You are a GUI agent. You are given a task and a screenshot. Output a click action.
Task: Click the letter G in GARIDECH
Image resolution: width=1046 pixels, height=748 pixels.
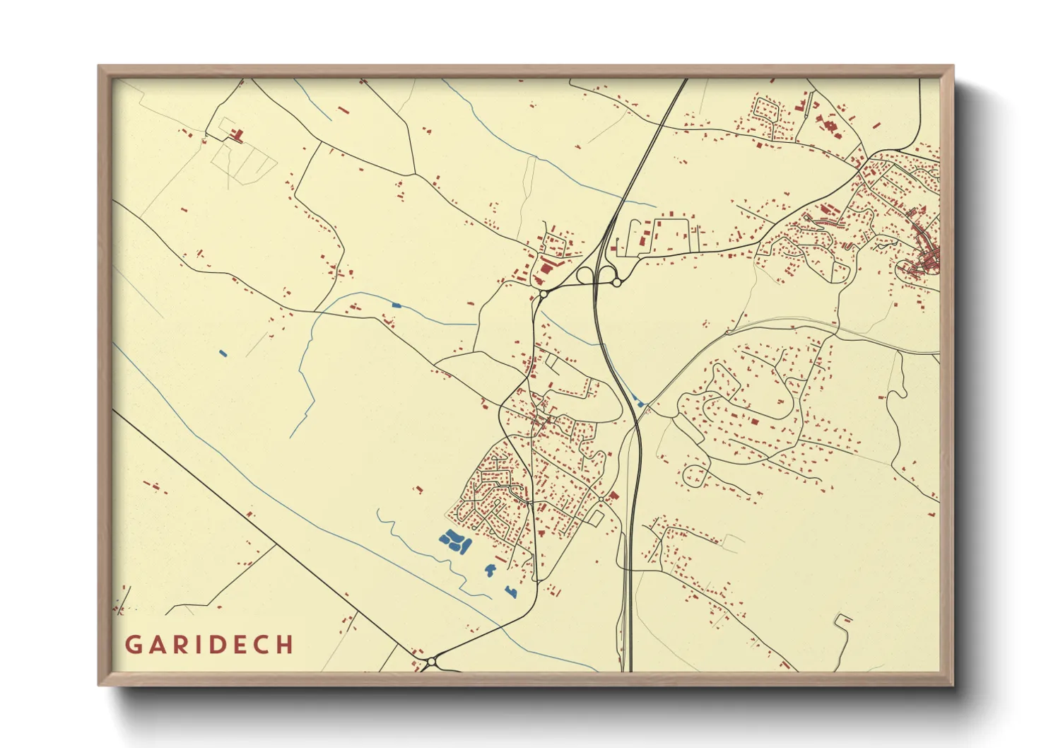tap(133, 645)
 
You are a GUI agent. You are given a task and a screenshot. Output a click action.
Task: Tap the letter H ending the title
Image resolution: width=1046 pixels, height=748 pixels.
tap(285, 645)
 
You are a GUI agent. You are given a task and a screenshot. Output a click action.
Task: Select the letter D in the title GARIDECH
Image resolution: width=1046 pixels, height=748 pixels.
tap(218, 645)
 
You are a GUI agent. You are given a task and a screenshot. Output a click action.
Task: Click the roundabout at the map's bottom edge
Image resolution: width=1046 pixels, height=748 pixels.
tap(430, 662)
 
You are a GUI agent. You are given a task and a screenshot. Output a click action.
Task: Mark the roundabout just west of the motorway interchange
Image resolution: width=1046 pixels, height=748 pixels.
tap(543, 292)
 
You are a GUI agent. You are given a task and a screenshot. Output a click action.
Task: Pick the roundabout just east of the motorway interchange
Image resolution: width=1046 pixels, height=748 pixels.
tap(616, 283)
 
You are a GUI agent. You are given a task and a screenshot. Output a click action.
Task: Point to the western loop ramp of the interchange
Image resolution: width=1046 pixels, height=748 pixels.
tap(585, 275)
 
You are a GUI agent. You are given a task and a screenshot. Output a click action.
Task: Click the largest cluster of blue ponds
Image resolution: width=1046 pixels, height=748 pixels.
tap(455, 542)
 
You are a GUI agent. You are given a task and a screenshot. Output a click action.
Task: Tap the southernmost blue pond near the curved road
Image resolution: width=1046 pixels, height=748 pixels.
tap(510, 590)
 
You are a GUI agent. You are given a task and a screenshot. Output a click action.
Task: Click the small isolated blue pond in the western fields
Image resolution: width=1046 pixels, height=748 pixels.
tap(223, 353)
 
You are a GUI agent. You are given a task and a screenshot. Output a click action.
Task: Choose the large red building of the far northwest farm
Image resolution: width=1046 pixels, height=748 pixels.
tap(237, 134)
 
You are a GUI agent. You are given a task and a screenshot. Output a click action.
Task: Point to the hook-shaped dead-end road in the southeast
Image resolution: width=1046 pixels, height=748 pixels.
tap(842, 622)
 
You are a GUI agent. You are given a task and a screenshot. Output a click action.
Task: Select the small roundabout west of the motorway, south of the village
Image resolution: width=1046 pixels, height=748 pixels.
tap(601, 500)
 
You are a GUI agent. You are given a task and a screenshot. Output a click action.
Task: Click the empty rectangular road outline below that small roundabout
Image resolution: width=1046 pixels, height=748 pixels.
tap(595, 518)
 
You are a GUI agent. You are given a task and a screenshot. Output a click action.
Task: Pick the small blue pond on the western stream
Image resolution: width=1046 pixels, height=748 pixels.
tap(396, 305)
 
